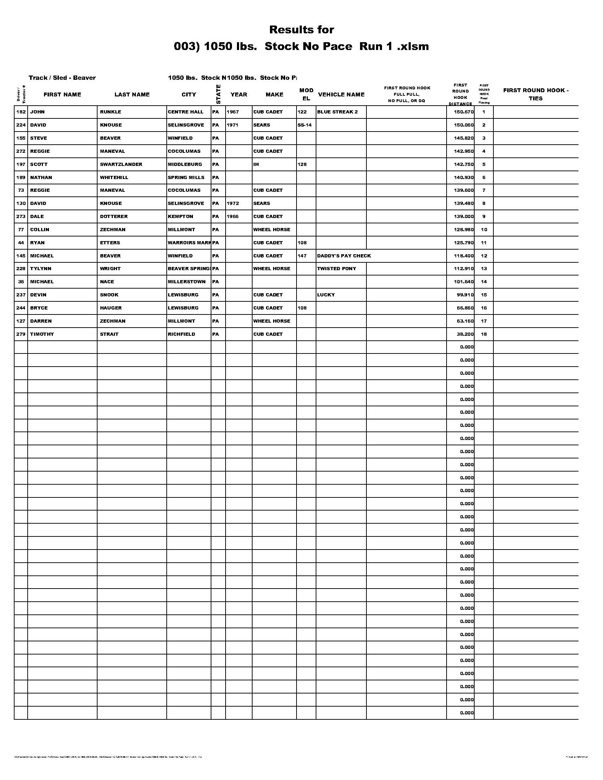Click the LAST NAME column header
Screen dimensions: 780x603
coord(132,95)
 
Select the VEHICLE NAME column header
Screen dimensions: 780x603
coord(341,95)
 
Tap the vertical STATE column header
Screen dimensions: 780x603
coord(218,94)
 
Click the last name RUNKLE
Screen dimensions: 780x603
coord(110,112)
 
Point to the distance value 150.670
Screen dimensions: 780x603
coord(464,112)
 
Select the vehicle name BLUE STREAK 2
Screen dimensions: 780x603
coord(337,112)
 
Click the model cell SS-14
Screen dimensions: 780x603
coord(304,126)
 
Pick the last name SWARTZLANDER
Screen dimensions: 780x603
coord(121,165)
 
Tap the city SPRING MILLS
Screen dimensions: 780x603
coord(186,178)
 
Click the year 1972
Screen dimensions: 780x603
coord(233,204)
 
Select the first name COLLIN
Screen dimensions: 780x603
coord(40,230)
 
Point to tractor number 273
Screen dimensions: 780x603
coord(21,217)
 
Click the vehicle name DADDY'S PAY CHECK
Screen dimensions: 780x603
coord(344,256)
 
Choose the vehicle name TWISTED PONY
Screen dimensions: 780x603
coord(337,269)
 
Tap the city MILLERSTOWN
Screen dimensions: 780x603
coord(187,282)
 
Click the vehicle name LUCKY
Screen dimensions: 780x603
coord(326,295)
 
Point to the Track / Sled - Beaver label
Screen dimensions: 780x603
coord(62,78)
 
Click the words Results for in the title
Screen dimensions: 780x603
coord(301,30)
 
